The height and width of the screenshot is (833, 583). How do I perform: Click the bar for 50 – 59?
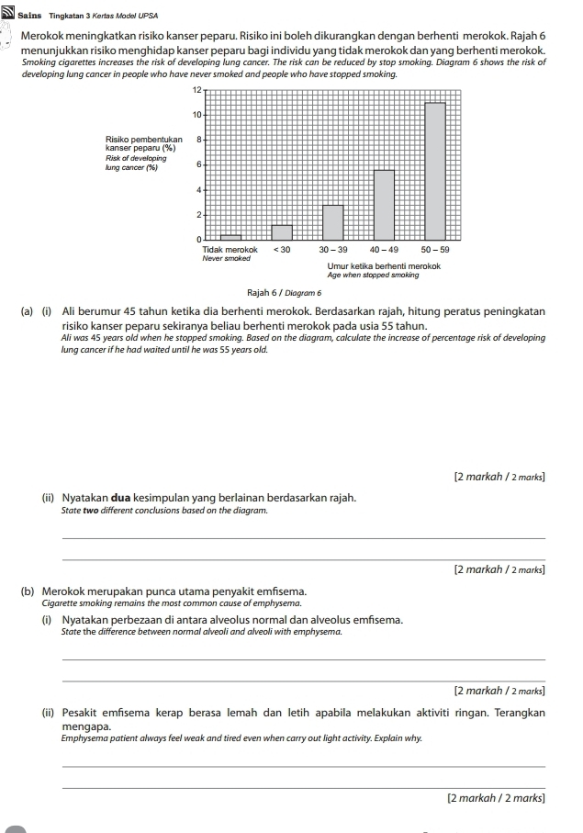[x=435, y=170]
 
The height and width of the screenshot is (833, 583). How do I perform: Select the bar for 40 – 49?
[x=384, y=204]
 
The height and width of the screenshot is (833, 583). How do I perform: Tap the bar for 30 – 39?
[x=332, y=221]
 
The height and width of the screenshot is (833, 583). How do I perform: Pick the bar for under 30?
[x=282, y=231]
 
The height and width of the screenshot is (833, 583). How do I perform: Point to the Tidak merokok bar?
[x=230, y=237]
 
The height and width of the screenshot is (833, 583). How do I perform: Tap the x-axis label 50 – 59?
[x=435, y=249]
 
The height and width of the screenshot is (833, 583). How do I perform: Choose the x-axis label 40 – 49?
[x=384, y=249]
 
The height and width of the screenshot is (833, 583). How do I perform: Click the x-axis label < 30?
[x=281, y=249]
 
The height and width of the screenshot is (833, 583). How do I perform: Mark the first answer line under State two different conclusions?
[x=303, y=538]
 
